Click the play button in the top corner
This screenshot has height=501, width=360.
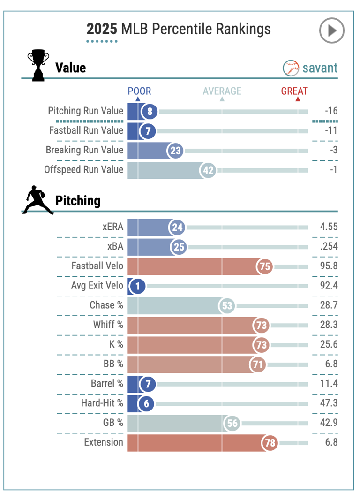(x=331, y=30)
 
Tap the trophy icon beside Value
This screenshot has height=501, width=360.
(x=38, y=65)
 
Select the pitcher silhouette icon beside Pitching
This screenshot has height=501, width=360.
(x=37, y=200)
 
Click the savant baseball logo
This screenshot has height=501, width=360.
(x=291, y=68)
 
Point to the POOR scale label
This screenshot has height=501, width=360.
(x=140, y=91)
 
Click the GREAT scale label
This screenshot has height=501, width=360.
(x=294, y=91)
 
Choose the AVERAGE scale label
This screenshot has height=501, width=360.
(x=222, y=91)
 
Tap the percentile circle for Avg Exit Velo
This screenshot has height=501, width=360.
(x=137, y=286)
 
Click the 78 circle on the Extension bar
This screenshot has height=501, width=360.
(x=270, y=442)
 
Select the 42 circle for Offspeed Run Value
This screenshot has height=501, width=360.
(x=208, y=170)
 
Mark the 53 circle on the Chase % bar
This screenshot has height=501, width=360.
(x=227, y=305)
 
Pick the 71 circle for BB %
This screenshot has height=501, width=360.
(x=258, y=364)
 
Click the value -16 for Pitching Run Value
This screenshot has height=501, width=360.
(x=331, y=111)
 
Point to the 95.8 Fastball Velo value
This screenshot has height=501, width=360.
(x=329, y=266)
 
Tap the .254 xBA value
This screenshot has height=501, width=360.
(x=329, y=246)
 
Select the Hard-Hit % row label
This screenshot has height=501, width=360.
(x=102, y=403)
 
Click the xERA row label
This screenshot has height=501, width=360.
(x=113, y=227)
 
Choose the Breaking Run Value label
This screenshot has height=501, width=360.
(x=84, y=150)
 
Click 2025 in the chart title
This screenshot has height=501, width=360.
(x=102, y=29)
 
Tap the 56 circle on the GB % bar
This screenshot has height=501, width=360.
(x=232, y=423)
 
